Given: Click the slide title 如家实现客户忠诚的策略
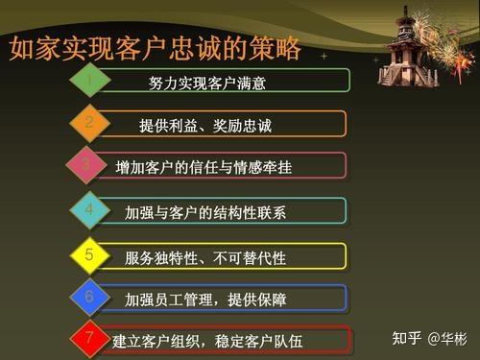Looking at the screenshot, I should point(154,48).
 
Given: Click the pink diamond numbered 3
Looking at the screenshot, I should point(87,165).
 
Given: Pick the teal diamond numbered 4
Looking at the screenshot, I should point(89,209).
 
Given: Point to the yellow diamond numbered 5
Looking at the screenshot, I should point(89,255).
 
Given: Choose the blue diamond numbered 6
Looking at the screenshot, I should point(89,298).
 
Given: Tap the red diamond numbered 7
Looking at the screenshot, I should point(89,338).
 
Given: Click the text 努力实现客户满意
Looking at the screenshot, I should point(207,83).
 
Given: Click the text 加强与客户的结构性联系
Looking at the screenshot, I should point(205,212).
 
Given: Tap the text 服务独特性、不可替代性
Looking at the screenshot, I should point(205,257).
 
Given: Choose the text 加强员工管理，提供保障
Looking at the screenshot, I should point(205,300).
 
